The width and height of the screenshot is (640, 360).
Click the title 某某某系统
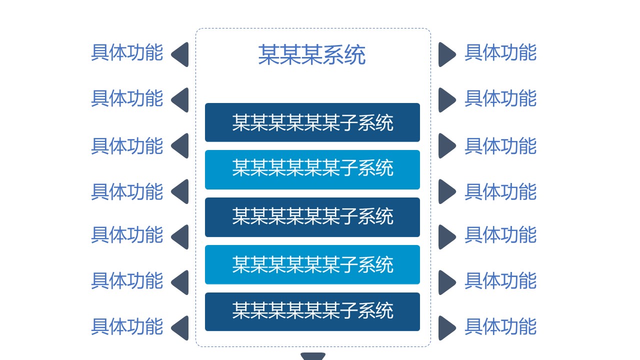tap(312, 55)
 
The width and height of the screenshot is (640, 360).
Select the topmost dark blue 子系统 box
tap(312, 122)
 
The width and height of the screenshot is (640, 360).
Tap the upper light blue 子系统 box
tap(312, 169)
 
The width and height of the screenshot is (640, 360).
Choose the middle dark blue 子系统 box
tap(312, 217)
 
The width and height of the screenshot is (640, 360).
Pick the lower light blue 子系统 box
tap(312, 264)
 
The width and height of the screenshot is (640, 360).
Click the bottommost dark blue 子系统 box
tap(312, 311)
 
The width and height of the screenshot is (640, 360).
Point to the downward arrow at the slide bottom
tap(313, 356)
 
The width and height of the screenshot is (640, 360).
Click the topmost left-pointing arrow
tap(180, 54)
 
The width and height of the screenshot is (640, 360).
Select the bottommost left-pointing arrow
tap(180, 328)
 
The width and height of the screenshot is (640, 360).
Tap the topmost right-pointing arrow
tap(446, 54)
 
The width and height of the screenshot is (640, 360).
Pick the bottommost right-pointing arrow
tap(446, 328)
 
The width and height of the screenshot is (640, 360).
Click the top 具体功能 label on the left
tap(127, 52)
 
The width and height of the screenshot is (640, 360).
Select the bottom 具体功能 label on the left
tap(127, 326)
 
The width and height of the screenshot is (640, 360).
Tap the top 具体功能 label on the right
tap(500, 52)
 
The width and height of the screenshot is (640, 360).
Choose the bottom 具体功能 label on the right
tap(500, 326)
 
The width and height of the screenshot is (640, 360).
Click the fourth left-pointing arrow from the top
tap(180, 191)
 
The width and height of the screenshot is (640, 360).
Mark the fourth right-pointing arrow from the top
tap(446, 191)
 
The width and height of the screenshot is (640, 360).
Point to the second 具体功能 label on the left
tap(127, 98)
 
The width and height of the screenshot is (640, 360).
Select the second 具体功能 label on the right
tap(500, 98)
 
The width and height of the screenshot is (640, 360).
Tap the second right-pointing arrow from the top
tap(446, 100)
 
